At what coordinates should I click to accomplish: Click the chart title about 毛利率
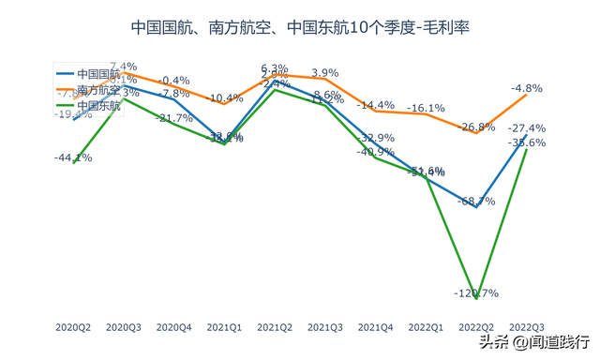point(299,27)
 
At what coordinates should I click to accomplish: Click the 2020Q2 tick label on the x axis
point(73,327)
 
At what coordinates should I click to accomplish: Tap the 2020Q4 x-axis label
point(173,327)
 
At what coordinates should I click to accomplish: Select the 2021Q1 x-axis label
point(224,327)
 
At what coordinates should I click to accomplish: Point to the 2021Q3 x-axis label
point(324,327)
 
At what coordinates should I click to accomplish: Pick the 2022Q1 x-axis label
point(426,327)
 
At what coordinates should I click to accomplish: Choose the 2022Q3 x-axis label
point(527,327)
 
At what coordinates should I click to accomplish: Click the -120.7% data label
point(475,293)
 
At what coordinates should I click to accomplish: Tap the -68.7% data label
point(475,201)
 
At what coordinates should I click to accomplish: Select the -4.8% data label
point(527,88)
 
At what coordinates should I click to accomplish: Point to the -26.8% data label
point(475,127)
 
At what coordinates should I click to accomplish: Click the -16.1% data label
point(426,109)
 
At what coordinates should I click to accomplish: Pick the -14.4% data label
point(375,105)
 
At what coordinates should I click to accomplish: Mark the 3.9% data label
point(324,73)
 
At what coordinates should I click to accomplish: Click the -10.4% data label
point(224,98)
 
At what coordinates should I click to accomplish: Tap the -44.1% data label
point(73,157)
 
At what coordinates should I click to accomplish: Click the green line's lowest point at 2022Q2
point(476,299)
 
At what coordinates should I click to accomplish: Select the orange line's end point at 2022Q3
point(527,95)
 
